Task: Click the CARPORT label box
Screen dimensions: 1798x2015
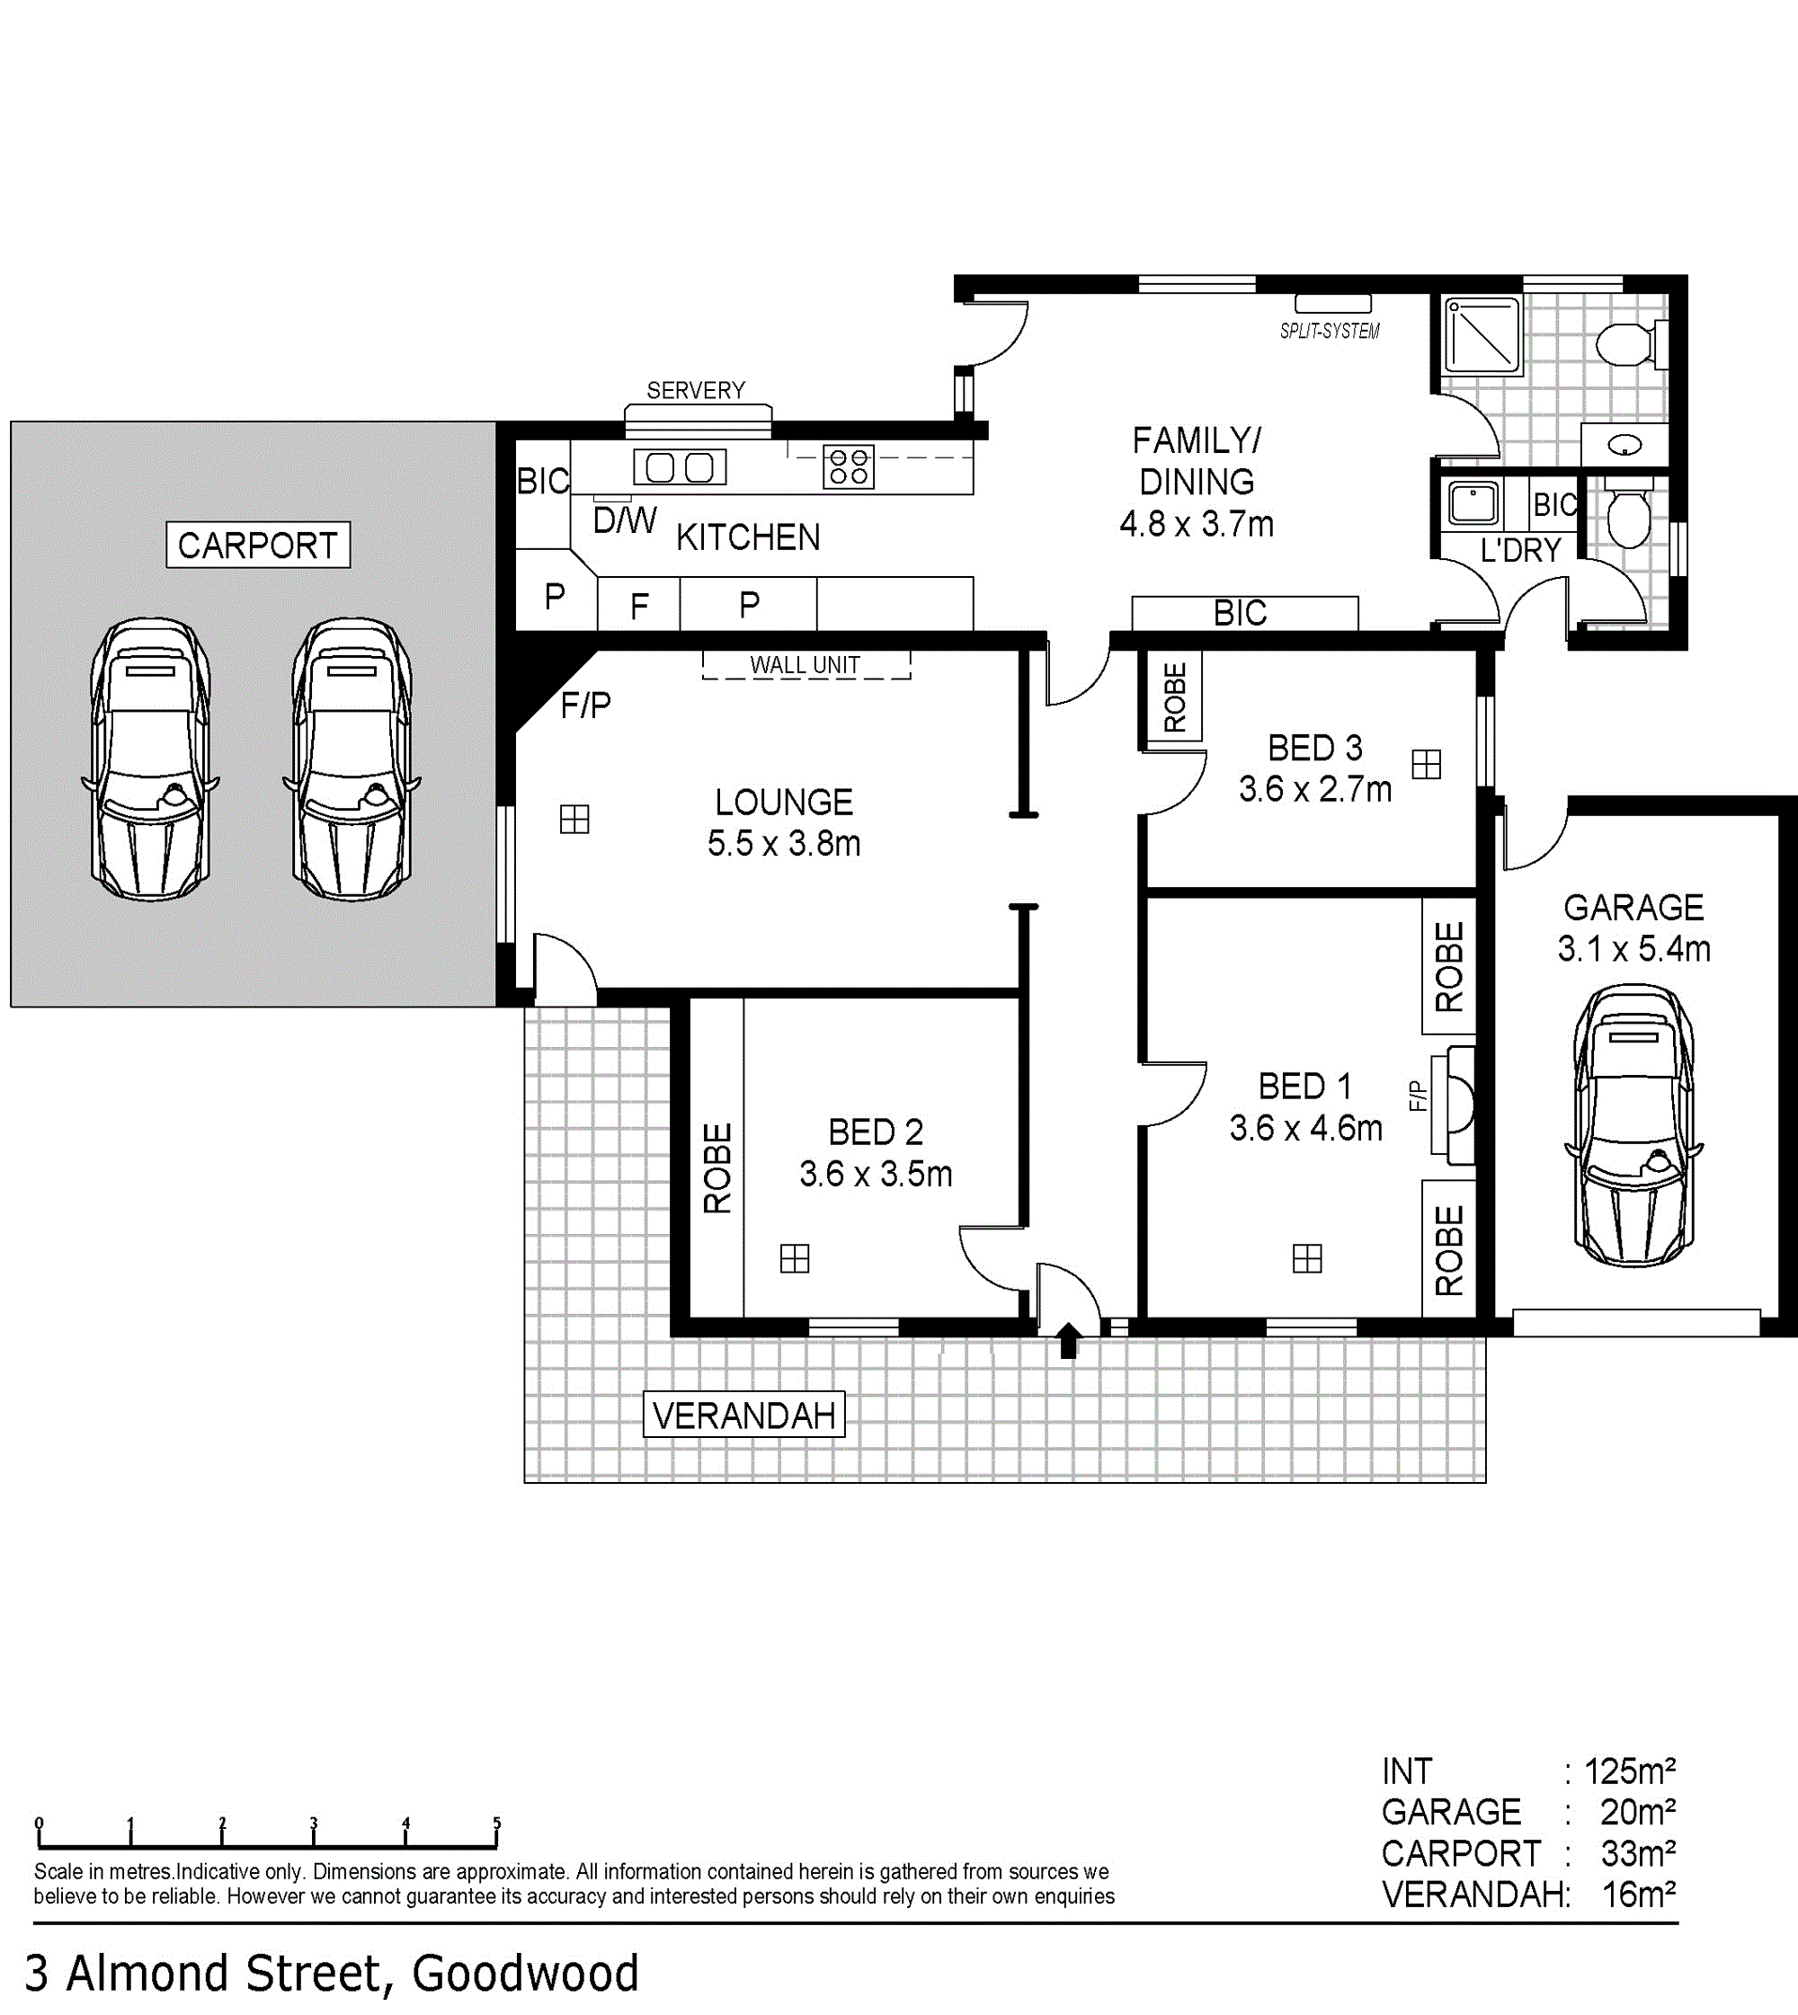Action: click(x=258, y=545)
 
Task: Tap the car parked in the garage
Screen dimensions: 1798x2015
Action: click(x=1634, y=1125)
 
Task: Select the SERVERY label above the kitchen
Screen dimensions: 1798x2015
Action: click(x=696, y=390)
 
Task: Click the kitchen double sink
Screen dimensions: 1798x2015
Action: click(x=680, y=467)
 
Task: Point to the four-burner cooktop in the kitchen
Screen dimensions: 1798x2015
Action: click(x=849, y=467)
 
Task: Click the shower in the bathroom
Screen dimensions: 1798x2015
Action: click(x=1482, y=336)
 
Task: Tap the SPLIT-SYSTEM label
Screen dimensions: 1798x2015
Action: click(x=1330, y=331)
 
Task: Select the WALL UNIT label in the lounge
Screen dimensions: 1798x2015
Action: click(x=806, y=665)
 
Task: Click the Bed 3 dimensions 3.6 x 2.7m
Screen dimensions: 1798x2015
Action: click(x=1315, y=789)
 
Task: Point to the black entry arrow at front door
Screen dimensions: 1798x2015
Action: click(x=1068, y=1340)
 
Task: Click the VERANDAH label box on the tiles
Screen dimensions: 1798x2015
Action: click(x=743, y=1416)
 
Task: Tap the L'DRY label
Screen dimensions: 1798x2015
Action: click(x=1520, y=549)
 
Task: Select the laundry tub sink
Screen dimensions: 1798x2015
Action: click(x=1473, y=502)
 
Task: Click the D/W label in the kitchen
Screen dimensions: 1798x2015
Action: click(x=625, y=520)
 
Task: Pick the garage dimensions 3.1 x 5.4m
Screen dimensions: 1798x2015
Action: click(x=1634, y=948)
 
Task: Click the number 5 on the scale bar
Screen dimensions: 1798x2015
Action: click(x=497, y=1824)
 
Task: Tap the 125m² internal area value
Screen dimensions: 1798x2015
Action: click(x=1630, y=1771)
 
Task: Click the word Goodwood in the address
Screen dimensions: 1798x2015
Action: click(x=526, y=1974)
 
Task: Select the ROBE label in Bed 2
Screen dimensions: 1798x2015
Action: click(x=717, y=1167)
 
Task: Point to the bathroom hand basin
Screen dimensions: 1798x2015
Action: click(x=1625, y=447)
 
